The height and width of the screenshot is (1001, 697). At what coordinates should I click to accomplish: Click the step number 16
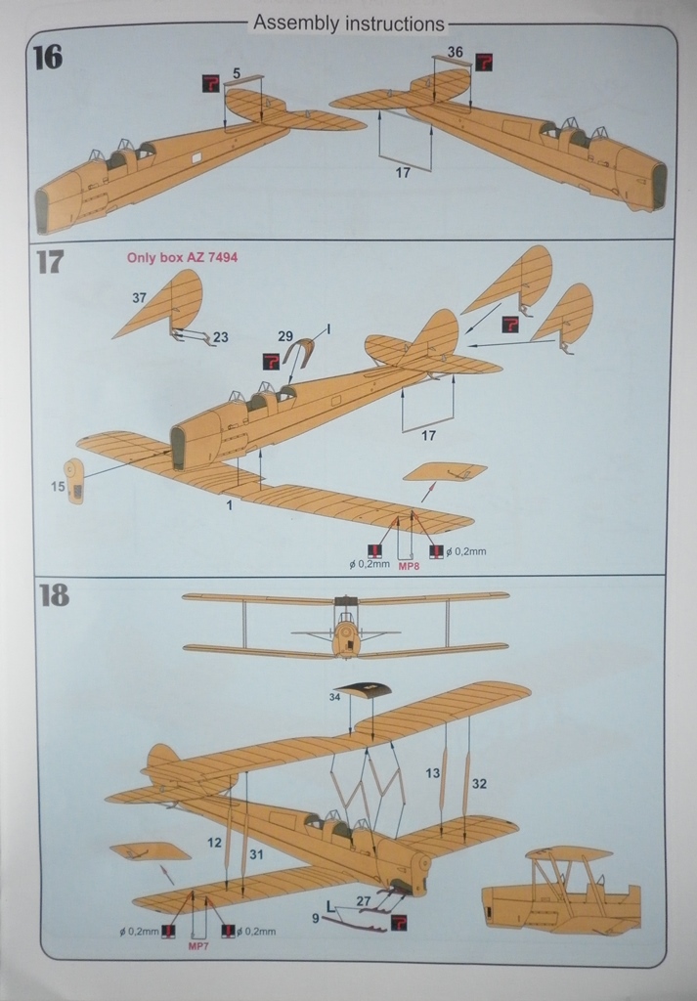[x=47, y=57]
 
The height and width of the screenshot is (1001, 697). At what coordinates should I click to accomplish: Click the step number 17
[x=49, y=261]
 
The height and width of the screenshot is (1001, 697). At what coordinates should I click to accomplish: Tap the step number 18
[x=53, y=595]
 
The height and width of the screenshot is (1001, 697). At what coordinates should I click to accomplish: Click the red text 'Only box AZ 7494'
[x=183, y=258]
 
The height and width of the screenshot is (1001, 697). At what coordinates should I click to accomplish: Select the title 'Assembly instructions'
[x=348, y=22]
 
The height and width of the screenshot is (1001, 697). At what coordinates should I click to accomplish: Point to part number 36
[x=456, y=51]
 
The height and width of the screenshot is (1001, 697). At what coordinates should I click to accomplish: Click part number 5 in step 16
[x=237, y=72]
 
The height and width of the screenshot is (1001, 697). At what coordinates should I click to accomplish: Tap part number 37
[x=140, y=296]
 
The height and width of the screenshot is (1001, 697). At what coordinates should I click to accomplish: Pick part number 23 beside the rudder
[x=220, y=337]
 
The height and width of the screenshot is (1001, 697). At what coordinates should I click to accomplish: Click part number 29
[x=284, y=336]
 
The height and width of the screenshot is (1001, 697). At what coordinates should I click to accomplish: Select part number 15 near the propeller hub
[x=58, y=486]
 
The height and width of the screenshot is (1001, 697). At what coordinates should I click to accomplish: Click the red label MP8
[x=410, y=565]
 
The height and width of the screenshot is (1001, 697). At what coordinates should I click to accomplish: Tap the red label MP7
[x=197, y=946]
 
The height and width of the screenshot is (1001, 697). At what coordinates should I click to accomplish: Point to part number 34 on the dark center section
[x=334, y=697]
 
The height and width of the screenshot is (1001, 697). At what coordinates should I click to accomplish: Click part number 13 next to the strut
[x=432, y=773]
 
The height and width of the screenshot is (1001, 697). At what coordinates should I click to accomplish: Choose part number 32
[x=479, y=783]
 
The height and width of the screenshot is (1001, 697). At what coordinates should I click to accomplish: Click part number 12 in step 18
[x=214, y=842]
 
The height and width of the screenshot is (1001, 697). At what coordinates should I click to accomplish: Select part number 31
[x=256, y=853]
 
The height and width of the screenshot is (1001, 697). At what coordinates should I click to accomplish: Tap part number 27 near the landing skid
[x=363, y=900]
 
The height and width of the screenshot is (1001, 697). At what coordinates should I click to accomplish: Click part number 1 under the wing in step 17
[x=230, y=505]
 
